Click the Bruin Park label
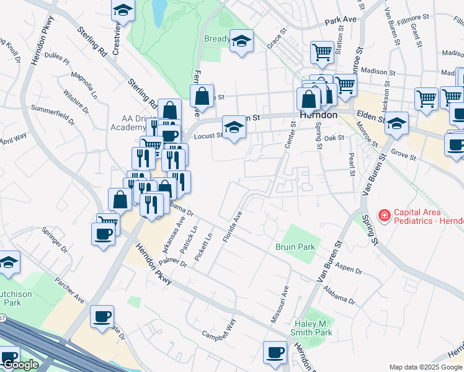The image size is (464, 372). [295, 247]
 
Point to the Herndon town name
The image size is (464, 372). [318, 115]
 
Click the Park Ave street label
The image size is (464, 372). [342, 20]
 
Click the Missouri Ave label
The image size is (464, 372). [279, 303]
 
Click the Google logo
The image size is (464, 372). [20, 365]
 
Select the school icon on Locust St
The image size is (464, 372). [233, 127]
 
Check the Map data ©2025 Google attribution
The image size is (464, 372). [426, 367]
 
